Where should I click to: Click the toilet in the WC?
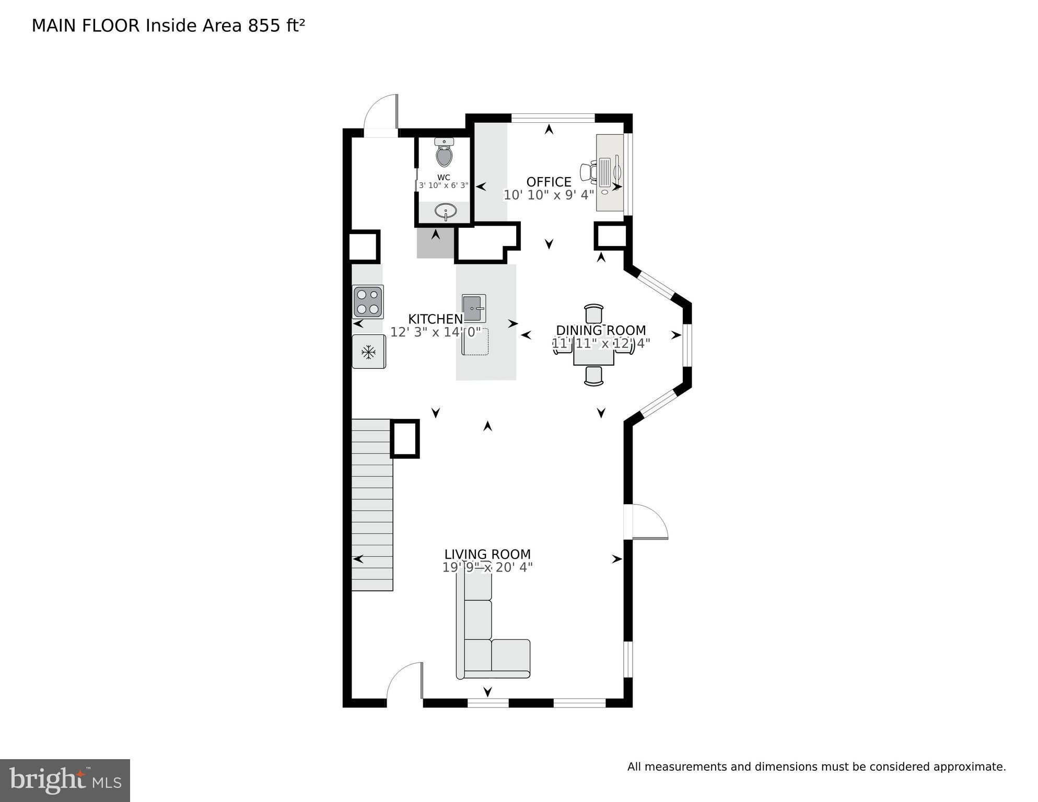coord(444,153)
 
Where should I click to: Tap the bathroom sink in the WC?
coord(446,211)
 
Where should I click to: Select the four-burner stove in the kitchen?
coord(368,302)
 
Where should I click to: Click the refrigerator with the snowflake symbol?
coord(369,352)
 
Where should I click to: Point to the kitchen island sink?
coord(474,308)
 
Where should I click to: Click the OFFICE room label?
coord(549,182)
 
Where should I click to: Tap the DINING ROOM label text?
coord(601,330)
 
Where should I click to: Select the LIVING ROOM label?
coord(487,554)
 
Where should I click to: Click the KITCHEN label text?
coord(435,319)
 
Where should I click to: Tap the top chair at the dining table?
coord(593,313)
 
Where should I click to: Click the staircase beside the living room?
coord(372,505)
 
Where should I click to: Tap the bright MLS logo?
coord(65,780)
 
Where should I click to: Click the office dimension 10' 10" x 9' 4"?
coord(549,195)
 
